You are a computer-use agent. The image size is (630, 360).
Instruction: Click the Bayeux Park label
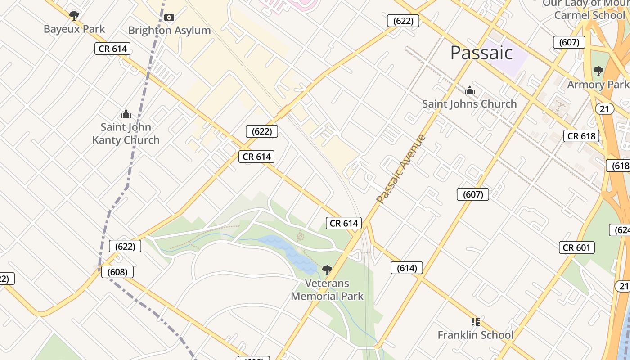click(x=74, y=29)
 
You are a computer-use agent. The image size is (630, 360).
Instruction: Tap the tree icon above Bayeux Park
click(x=74, y=16)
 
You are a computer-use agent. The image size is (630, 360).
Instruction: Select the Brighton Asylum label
click(x=169, y=31)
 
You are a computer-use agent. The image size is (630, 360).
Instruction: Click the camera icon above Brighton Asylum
click(x=169, y=18)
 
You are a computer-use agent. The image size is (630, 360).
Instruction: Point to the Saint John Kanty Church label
click(x=126, y=134)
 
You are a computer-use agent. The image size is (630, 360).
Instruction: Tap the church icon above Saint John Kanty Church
click(x=126, y=114)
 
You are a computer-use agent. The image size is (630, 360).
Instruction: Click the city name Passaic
click(x=481, y=53)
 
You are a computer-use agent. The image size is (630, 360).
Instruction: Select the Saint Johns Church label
click(x=469, y=104)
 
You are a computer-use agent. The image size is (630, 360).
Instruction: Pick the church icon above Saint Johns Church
click(x=470, y=91)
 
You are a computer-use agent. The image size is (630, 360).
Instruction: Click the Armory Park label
click(x=598, y=85)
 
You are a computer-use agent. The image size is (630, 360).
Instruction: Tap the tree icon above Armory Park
click(x=598, y=71)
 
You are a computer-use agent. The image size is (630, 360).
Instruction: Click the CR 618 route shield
click(x=581, y=136)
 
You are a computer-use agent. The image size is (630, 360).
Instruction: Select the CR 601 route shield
click(x=577, y=247)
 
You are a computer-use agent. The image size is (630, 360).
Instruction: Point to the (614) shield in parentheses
click(x=407, y=268)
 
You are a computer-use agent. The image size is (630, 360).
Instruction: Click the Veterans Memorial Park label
click(x=327, y=290)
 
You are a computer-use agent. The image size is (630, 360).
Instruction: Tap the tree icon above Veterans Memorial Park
click(x=327, y=270)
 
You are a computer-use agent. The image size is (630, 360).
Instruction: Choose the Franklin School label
click(x=475, y=335)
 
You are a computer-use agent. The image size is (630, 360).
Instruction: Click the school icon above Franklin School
click(x=475, y=322)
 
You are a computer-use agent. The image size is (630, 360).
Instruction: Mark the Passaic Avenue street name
click(x=401, y=169)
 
